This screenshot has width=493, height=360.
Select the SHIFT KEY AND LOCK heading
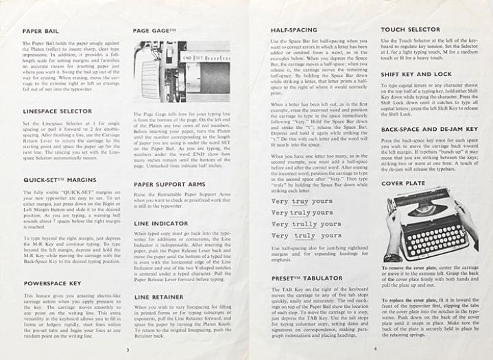click(416, 74)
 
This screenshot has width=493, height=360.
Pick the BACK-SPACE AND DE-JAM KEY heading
click(430, 129)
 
